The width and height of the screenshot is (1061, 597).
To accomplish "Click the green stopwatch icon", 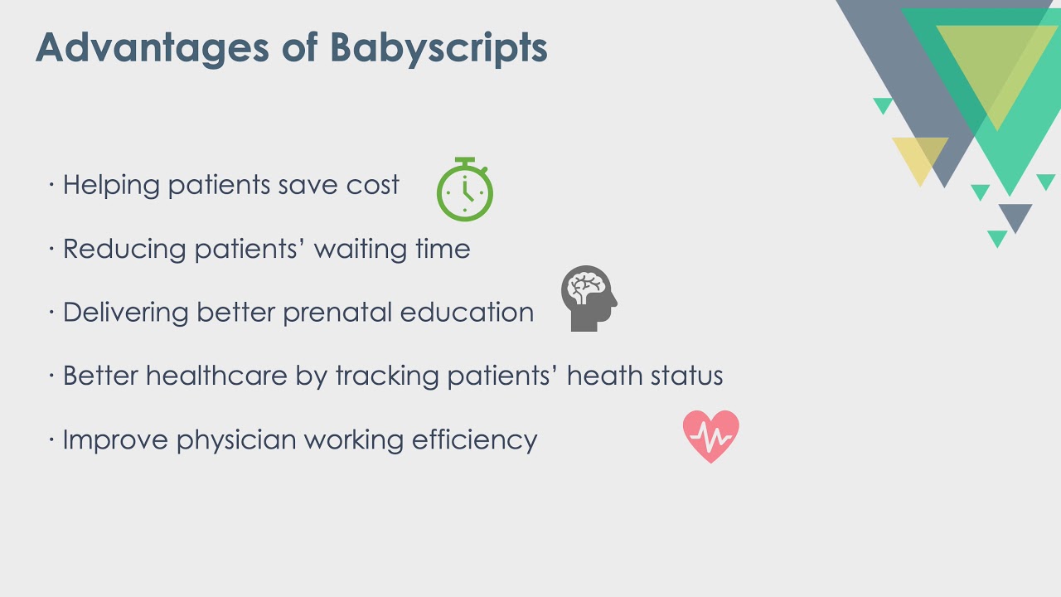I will point(465,191).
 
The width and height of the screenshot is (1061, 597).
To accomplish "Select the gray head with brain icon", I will point(589,298).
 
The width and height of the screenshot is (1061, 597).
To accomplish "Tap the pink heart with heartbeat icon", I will point(710,436).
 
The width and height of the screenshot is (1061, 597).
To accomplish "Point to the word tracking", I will point(386,376).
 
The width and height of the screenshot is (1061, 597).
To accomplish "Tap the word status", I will point(686,376).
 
